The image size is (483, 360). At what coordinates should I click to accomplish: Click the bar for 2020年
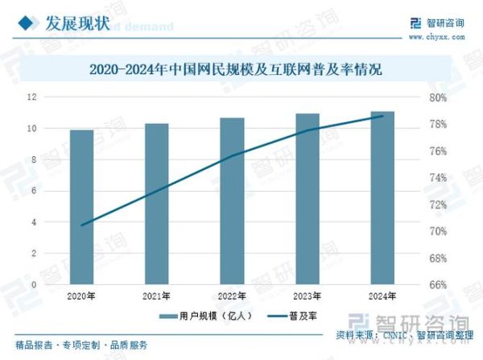pos(81,207)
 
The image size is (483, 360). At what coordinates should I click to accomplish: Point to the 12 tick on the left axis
pos(55,97)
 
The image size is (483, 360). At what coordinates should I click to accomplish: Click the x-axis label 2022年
pos(232,296)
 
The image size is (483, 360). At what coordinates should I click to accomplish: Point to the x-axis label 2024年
pos(382,296)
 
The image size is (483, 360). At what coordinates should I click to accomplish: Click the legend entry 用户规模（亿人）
pos(212,316)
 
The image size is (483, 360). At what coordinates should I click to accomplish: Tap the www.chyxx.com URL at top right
pos(437,36)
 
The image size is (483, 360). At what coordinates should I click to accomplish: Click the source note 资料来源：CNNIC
pos(367,334)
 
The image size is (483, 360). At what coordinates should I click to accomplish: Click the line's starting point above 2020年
pos(81,225)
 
